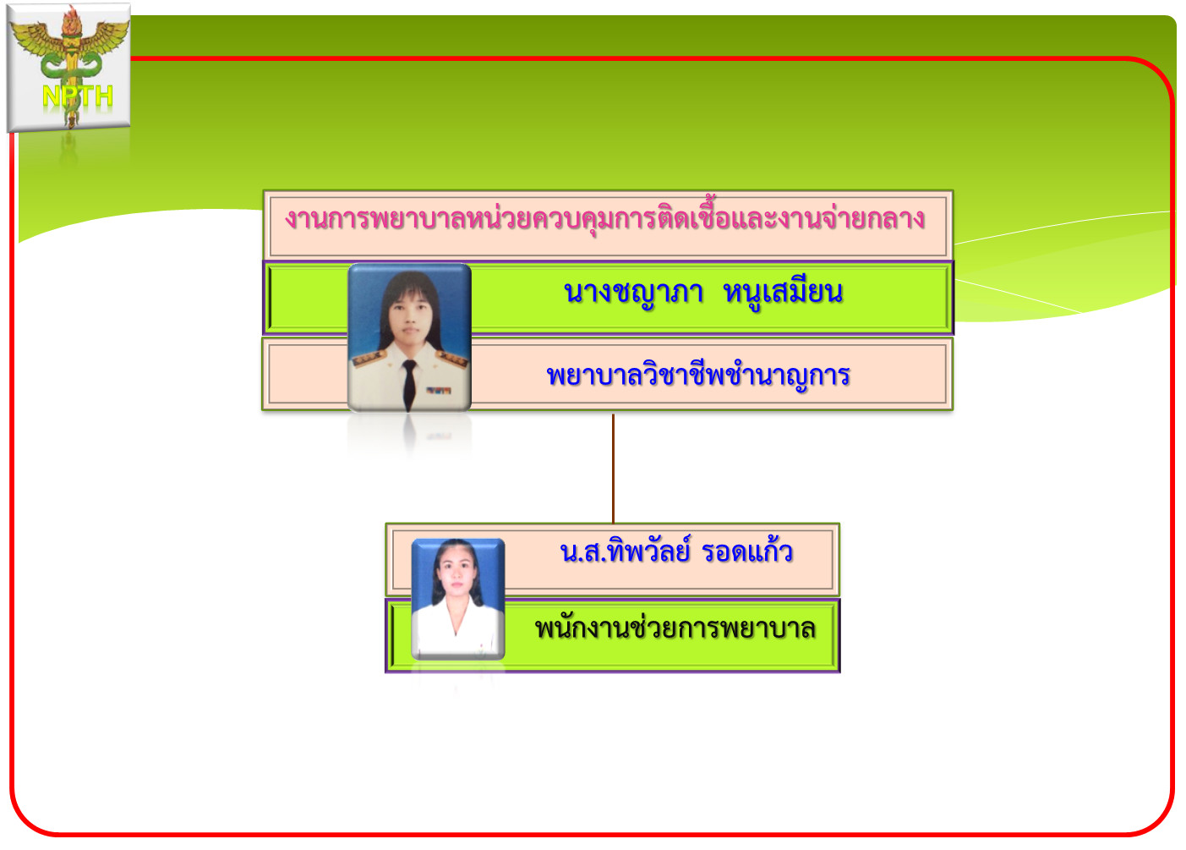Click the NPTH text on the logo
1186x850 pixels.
77,96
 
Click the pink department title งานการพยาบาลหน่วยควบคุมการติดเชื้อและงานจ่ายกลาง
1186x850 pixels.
604,217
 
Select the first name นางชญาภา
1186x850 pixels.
634,293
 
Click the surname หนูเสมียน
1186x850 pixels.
783,293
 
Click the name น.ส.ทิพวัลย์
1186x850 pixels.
626,551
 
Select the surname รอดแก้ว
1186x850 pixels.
746,551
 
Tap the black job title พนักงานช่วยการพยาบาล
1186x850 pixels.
675,628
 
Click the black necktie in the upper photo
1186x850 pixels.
409,383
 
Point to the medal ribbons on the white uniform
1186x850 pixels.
439,391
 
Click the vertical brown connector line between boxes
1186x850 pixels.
613,469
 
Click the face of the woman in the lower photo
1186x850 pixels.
456,574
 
